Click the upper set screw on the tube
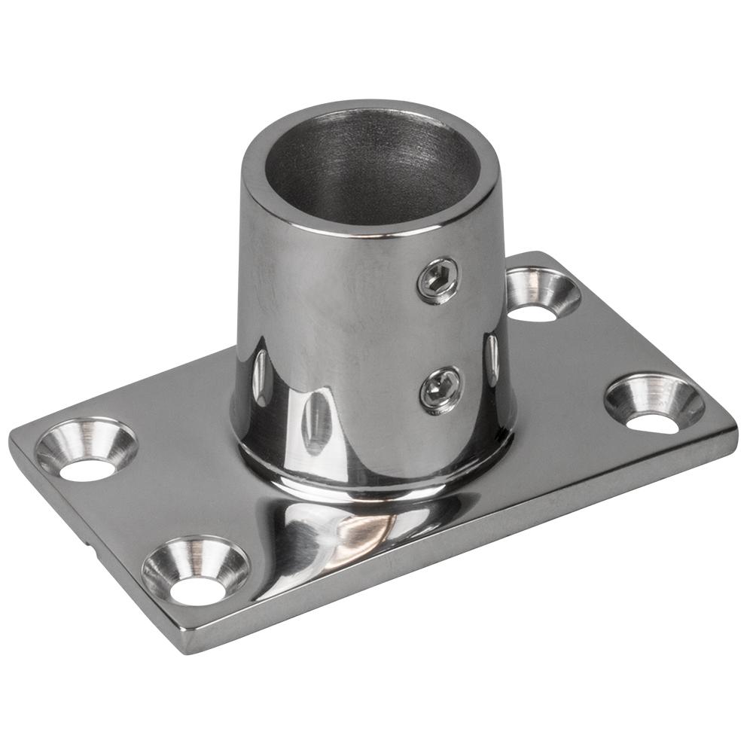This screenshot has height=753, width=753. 437,280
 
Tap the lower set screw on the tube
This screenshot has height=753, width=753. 441,389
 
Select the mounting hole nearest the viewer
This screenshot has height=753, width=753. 196,570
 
